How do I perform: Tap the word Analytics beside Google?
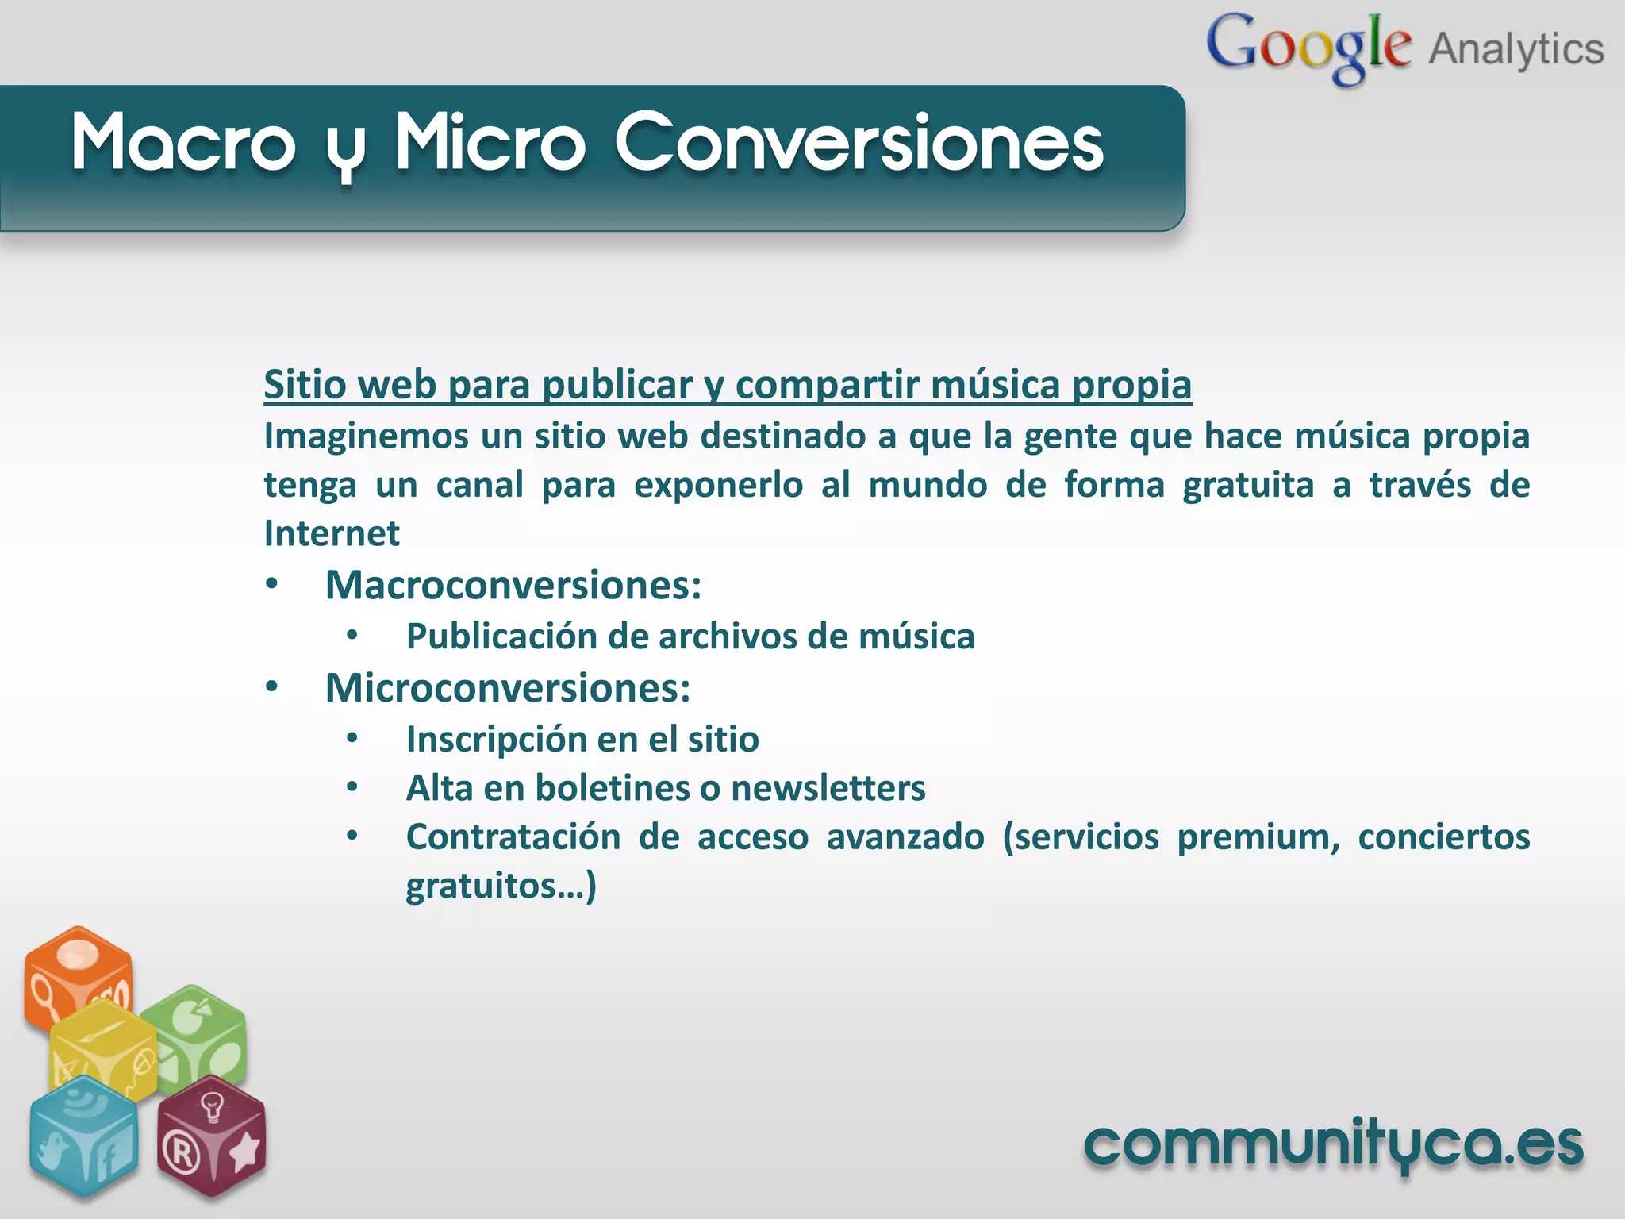(1516, 49)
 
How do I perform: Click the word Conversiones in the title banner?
(859, 143)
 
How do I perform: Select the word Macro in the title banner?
(183, 143)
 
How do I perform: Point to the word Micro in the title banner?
(490, 143)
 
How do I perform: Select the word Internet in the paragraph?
(332, 533)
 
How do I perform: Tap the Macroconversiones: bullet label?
(513, 586)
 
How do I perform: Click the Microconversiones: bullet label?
(508, 688)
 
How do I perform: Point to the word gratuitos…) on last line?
(501, 886)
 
